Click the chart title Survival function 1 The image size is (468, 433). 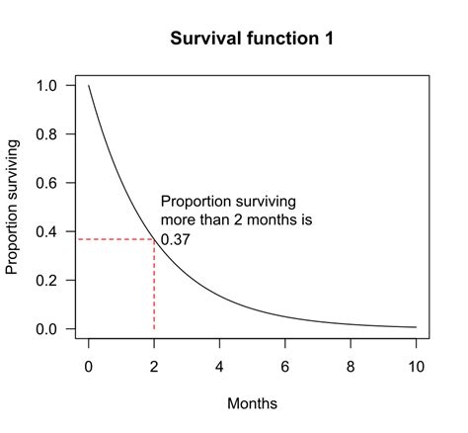click(252, 40)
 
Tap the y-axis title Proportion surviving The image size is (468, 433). click(14, 207)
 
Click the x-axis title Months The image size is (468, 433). click(252, 403)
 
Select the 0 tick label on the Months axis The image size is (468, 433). click(89, 367)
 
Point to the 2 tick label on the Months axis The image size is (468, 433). click(154, 367)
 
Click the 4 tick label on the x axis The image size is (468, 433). click(220, 367)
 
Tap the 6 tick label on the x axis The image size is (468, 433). click(285, 367)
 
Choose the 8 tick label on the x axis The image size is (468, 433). click(351, 367)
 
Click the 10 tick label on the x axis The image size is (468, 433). click(416, 367)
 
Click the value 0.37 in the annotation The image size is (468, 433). click(175, 239)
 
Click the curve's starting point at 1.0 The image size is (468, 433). click(89, 86)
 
